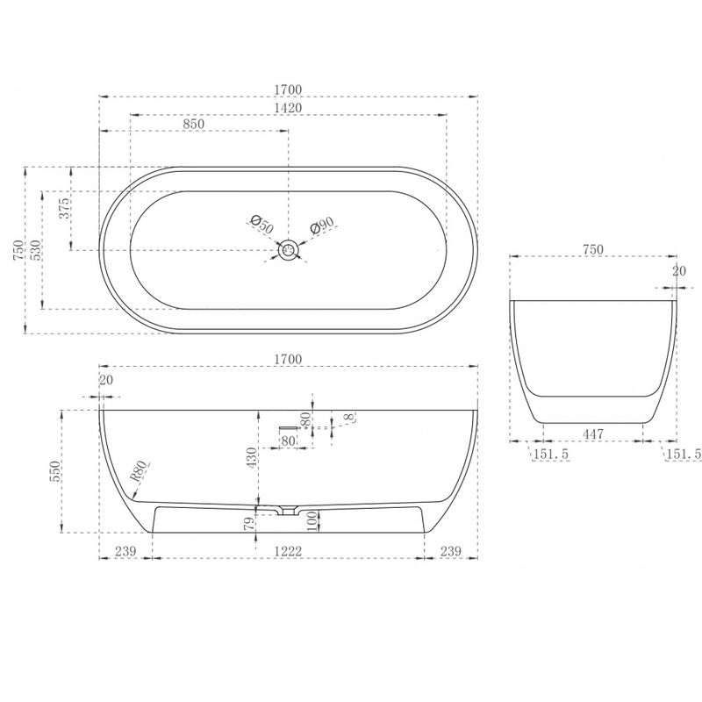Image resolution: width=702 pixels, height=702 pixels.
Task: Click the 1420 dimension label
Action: (289, 108)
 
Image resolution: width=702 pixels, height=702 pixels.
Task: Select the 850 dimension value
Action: (193, 124)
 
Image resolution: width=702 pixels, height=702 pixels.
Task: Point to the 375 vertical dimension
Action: (64, 208)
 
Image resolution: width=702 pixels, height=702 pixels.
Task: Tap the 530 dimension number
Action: (36, 250)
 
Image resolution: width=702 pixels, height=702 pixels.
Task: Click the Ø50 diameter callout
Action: (262, 224)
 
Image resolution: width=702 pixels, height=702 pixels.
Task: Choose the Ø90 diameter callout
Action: (322, 226)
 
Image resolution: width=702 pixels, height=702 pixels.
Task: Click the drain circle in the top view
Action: (289, 250)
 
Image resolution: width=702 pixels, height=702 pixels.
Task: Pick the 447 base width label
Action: (593, 433)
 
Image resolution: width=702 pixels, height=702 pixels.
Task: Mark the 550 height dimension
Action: (55, 471)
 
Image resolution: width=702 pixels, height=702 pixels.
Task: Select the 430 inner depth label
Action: (252, 457)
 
